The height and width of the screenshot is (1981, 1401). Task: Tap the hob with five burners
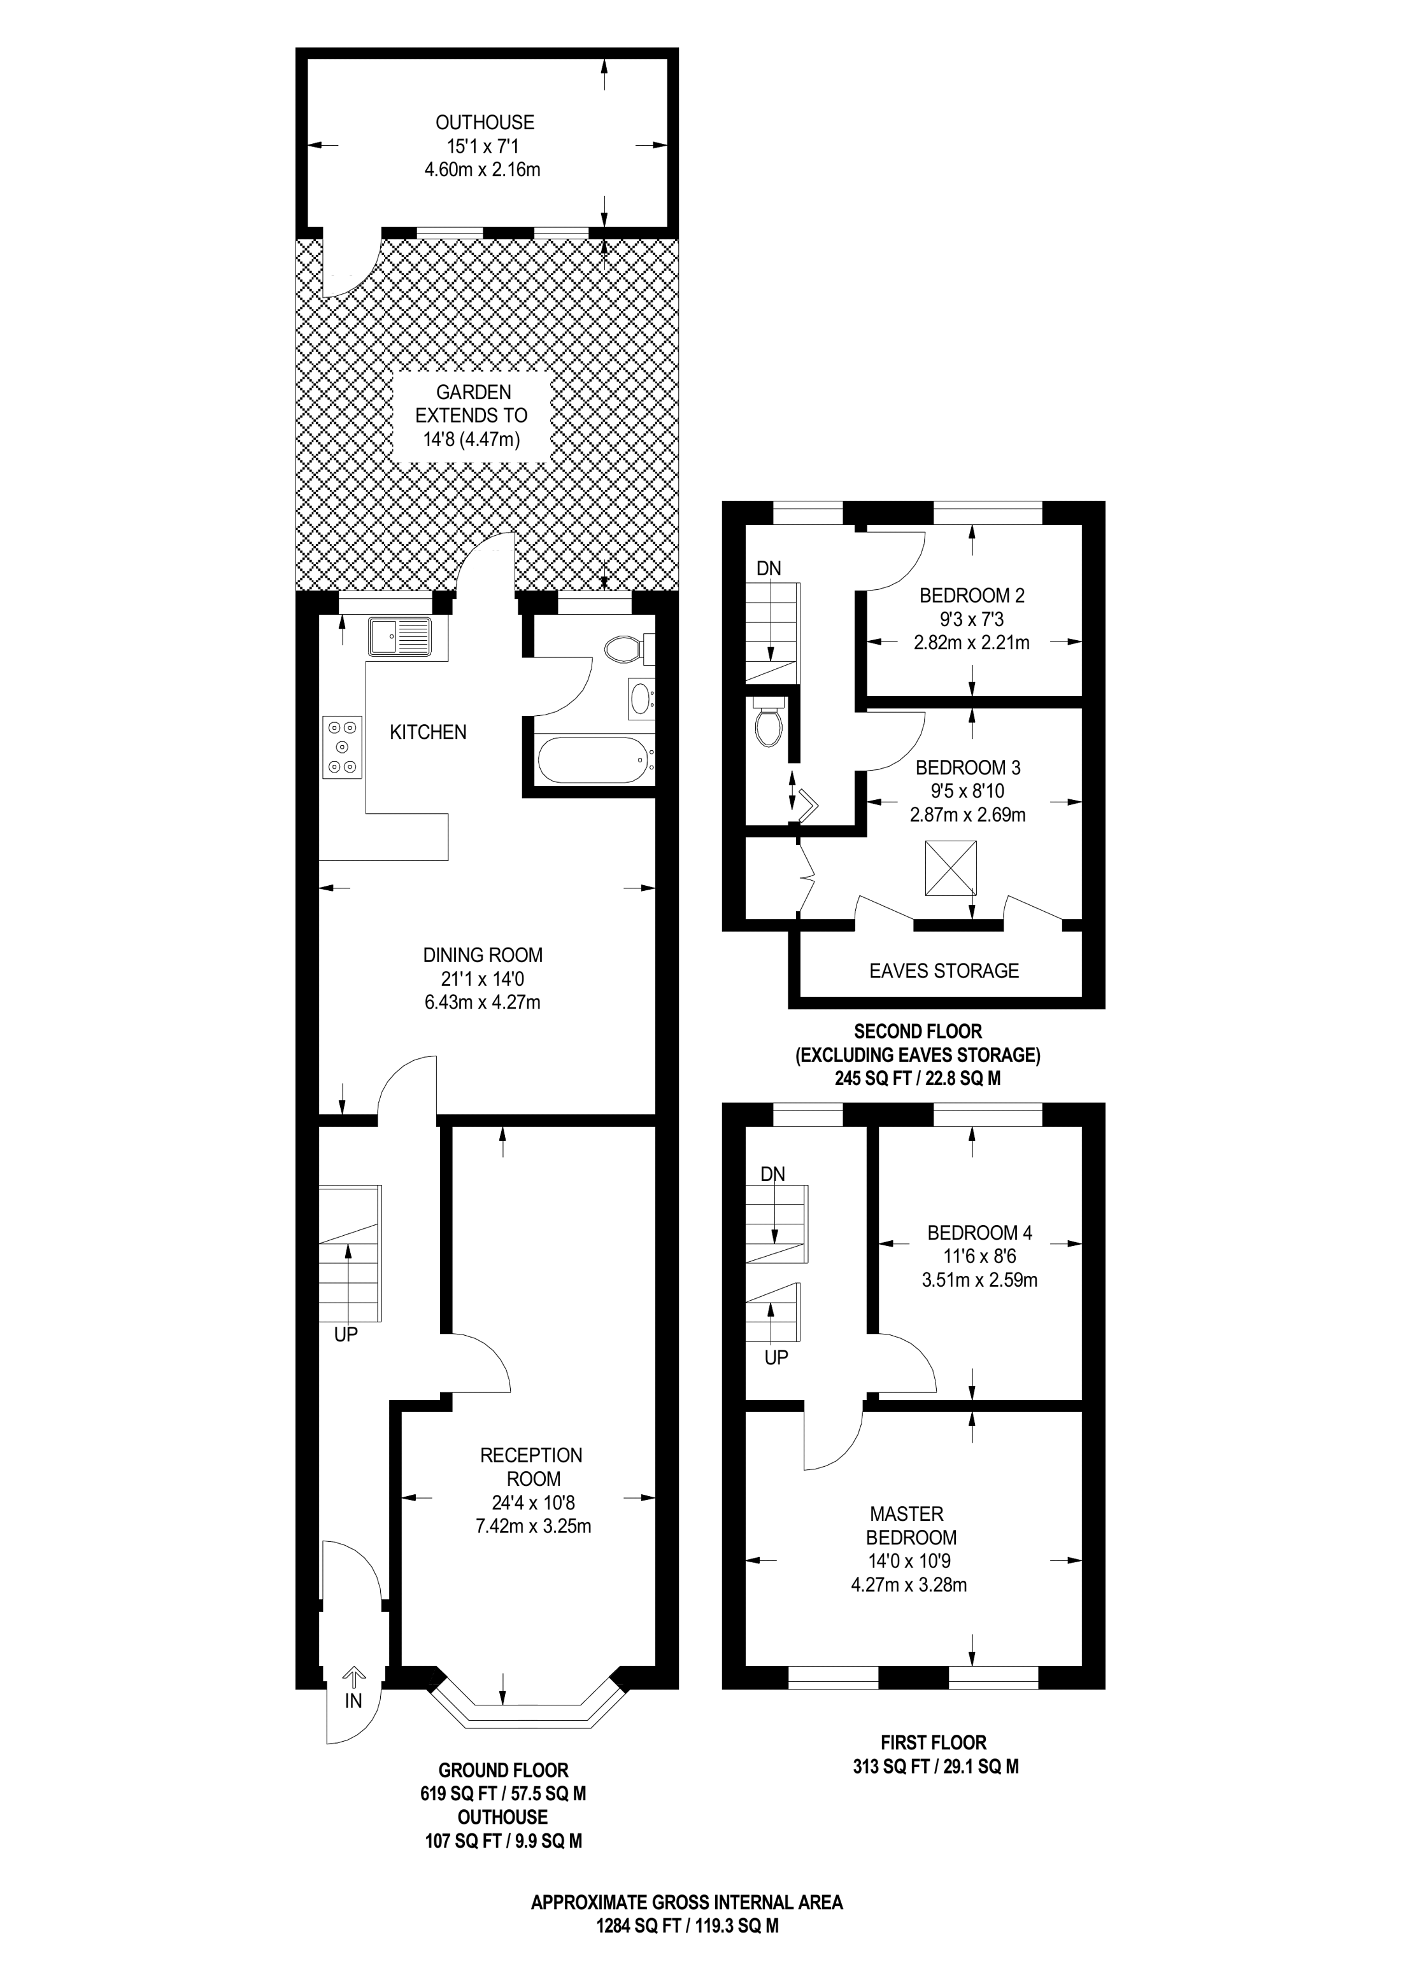pos(342,747)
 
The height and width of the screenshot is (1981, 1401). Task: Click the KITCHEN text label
pos(427,732)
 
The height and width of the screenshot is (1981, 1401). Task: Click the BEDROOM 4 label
pos(979,1232)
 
